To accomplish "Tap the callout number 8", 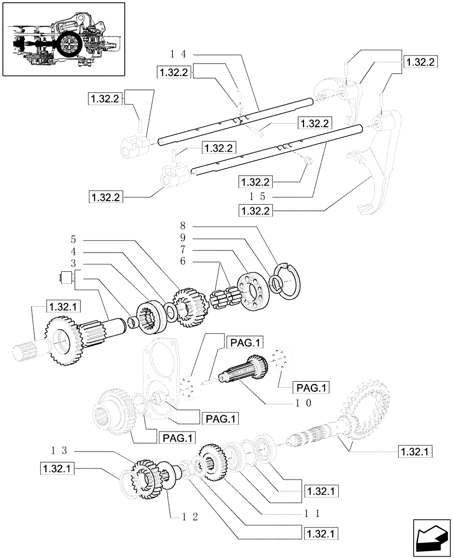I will (x=183, y=226).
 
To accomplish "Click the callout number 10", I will (x=304, y=402).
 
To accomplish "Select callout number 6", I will (x=183, y=262).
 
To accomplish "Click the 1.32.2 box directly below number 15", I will (x=255, y=210).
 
